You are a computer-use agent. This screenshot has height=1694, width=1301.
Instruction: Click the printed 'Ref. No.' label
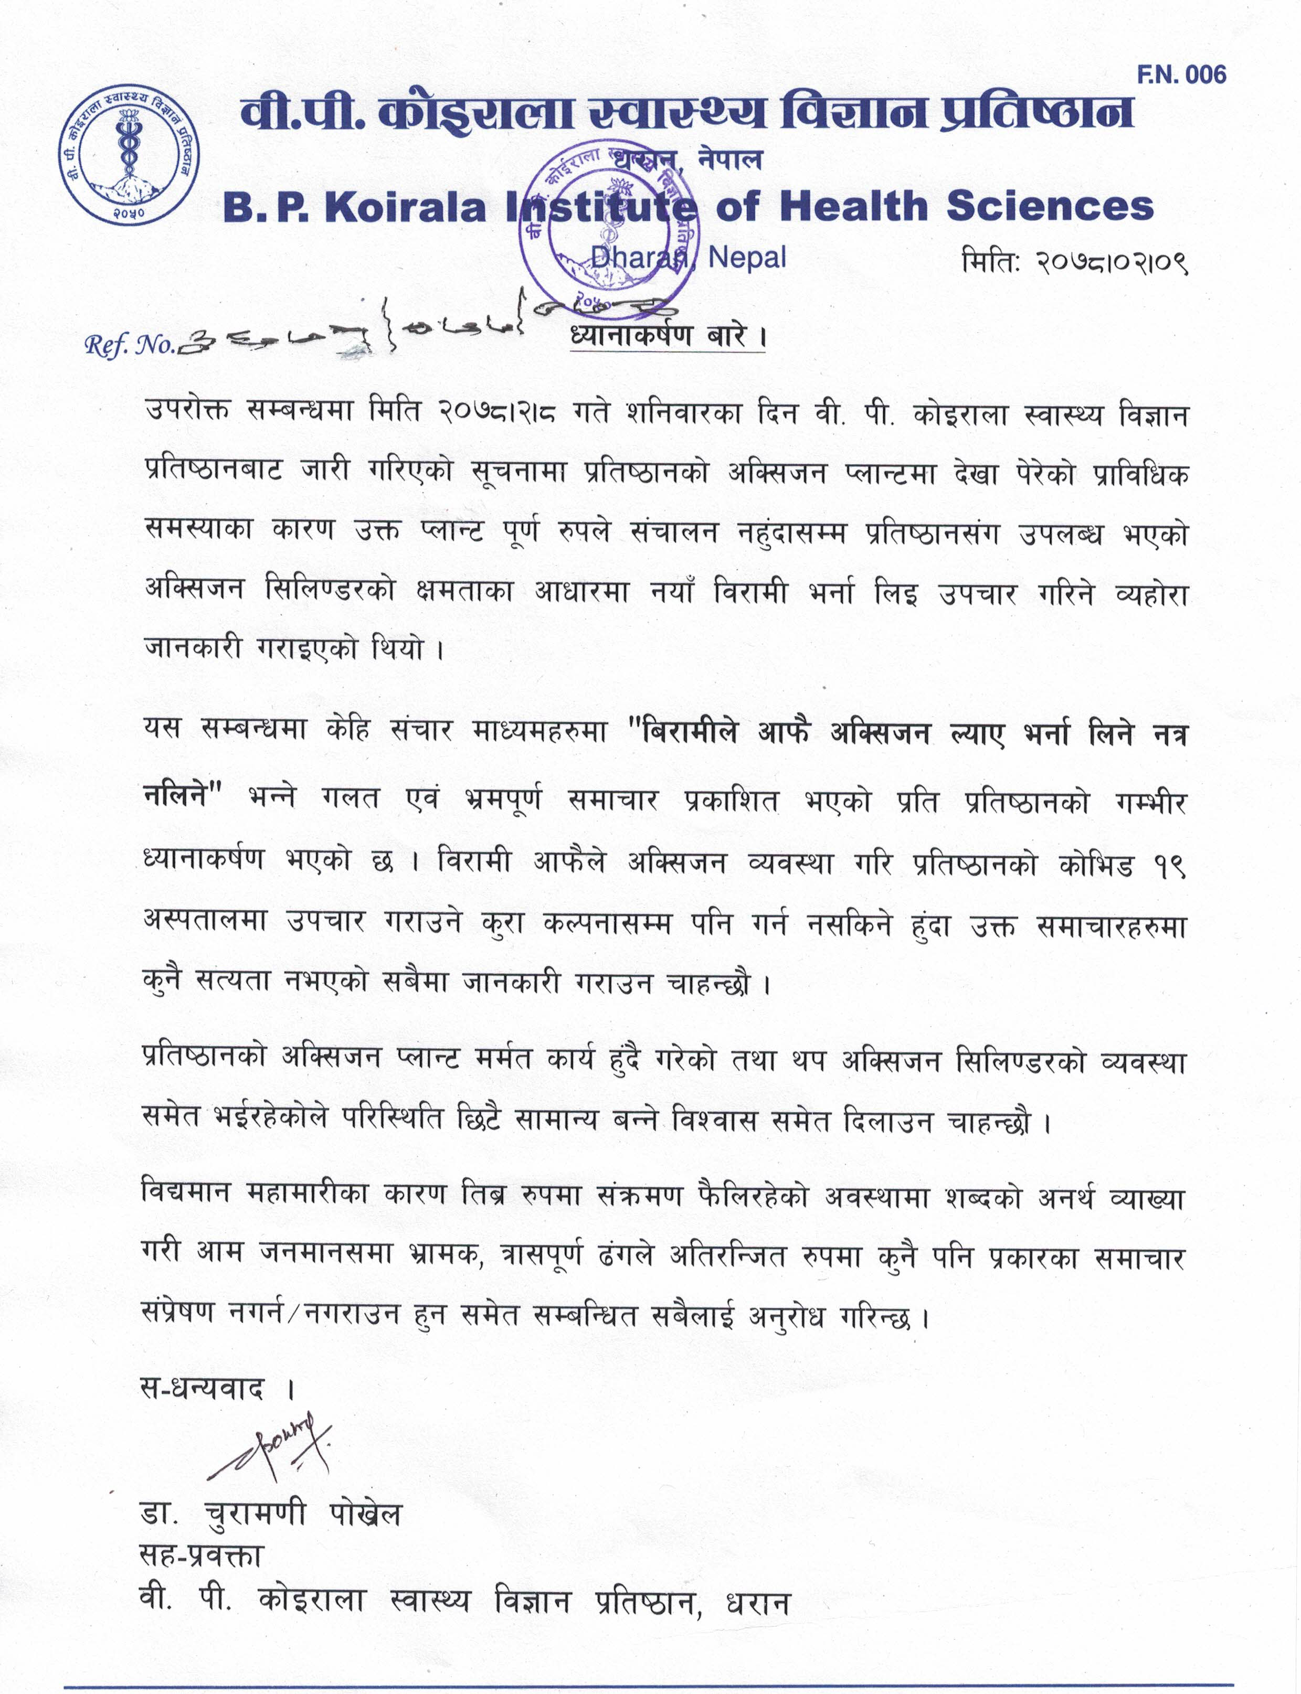click(131, 345)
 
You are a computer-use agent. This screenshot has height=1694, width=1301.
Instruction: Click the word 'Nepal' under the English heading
click(747, 257)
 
